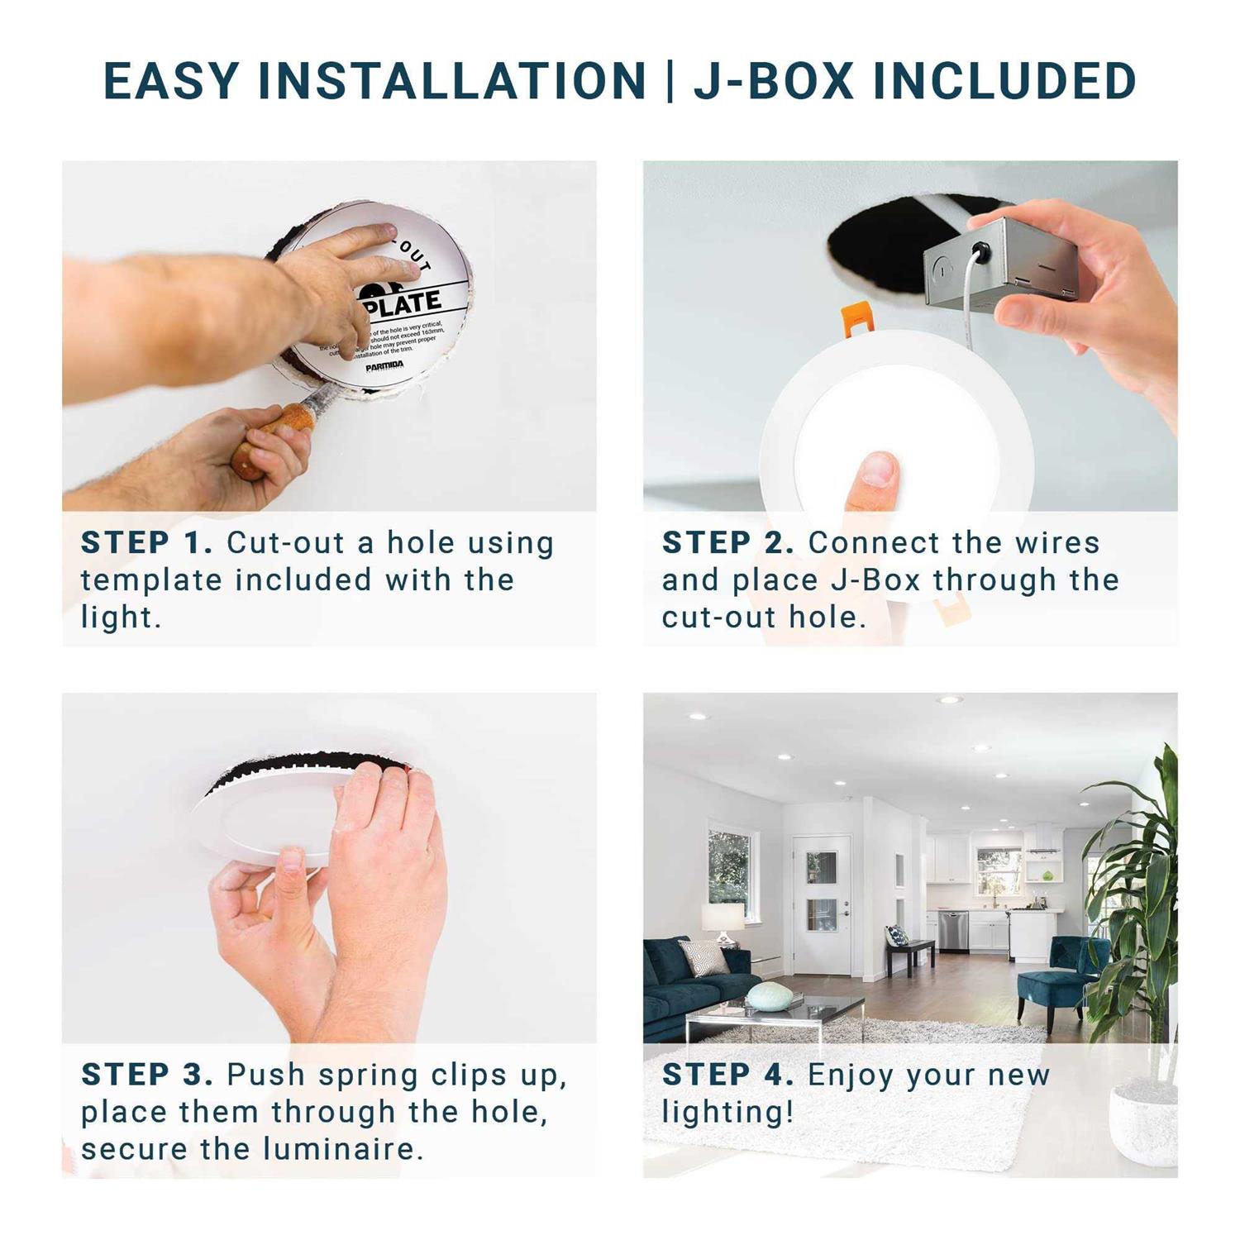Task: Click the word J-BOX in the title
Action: [x=773, y=81]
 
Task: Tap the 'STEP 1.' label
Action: [x=146, y=543]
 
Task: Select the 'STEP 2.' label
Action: [x=727, y=543]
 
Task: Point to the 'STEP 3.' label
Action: [x=146, y=1075]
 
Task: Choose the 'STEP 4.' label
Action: [x=727, y=1075]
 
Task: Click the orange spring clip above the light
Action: [x=857, y=322]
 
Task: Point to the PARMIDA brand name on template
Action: [x=384, y=365]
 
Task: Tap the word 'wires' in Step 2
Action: [x=1057, y=543]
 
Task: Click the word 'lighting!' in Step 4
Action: [x=727, y=1113]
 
